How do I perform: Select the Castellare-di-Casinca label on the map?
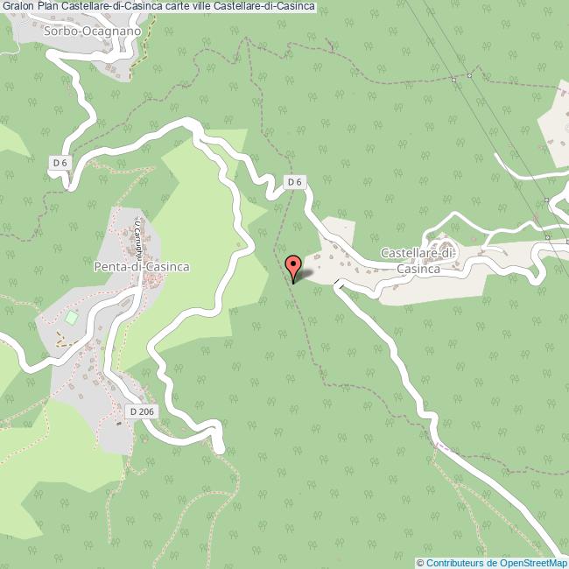418,260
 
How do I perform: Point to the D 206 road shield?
140,410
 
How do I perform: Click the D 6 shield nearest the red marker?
296,182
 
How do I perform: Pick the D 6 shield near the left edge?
59,162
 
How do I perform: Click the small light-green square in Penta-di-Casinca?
71,316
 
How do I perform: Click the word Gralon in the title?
18,7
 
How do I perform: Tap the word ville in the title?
202,7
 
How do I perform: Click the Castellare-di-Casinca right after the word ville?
264,7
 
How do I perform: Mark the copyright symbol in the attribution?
421,562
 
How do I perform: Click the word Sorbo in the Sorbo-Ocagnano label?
58,31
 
